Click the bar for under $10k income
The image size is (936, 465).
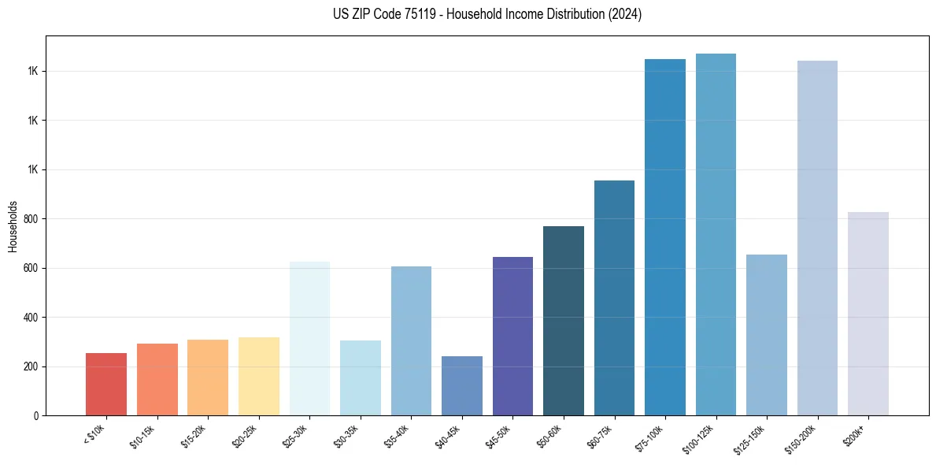point(106,385)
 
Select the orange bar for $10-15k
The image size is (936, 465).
point(157,380)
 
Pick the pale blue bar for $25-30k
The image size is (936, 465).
point(309,339)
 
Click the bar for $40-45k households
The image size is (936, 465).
point(462,386)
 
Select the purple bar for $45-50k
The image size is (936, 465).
point(512,337)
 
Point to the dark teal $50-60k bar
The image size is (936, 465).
point(564,321)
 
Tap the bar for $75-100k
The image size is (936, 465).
point(665,237)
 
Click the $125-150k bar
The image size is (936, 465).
point(767,335)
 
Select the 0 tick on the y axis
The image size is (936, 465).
point(36,416)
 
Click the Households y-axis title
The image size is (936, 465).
point(13,226)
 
